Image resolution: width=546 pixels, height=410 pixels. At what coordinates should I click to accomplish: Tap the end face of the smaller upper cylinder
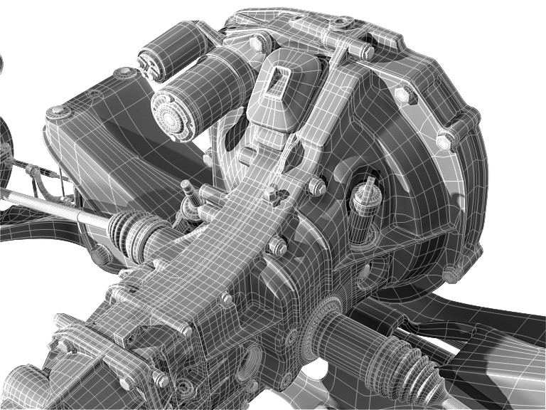tap(151, 63)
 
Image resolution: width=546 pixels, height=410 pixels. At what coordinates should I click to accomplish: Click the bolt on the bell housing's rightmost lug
tap(446, 140)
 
